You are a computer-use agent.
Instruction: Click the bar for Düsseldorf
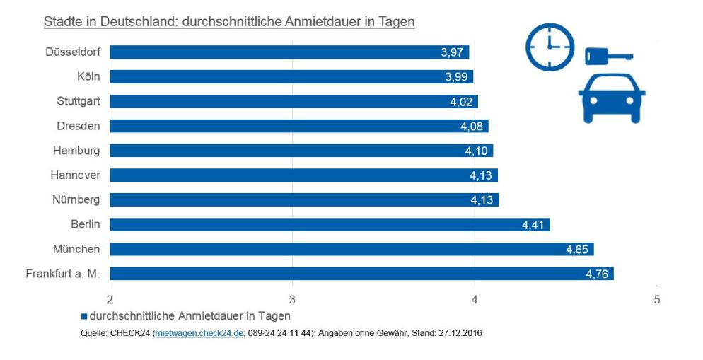coord(289,52)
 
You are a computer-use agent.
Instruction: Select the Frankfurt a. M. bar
coord(361,274)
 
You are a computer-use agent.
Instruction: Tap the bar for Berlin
coord(330,225)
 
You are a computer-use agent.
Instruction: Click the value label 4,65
coord(578,250)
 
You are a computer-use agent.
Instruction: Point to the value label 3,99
coord(457,77)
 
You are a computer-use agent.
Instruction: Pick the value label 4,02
coord(462,102)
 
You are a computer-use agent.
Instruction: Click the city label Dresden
coord(78,126)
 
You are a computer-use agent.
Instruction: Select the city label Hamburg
coord(76,151)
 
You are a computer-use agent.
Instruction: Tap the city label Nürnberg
coord(76,199)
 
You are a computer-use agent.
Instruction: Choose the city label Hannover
coord(75,175)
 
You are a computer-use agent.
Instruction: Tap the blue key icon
coord(609,56)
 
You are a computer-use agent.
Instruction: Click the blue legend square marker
coord(84,316)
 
